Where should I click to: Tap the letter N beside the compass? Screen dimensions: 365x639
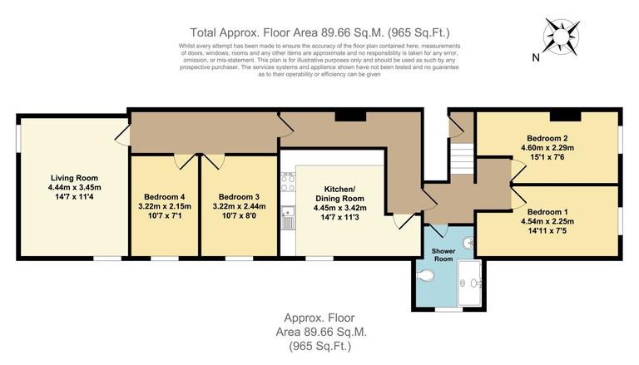pos(536,57)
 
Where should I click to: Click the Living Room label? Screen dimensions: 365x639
pos(73,177)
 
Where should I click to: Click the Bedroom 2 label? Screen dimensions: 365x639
pos(547,138)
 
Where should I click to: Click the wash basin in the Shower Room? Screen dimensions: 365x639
pos(468,244)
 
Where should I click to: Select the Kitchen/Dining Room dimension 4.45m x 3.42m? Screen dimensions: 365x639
pos(339,209)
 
